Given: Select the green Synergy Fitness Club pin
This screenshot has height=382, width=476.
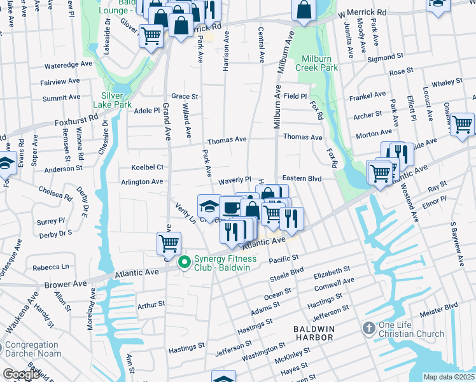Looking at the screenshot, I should point(185,262).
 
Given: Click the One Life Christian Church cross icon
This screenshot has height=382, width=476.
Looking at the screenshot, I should point(368,329).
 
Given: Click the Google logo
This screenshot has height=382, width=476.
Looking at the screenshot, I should point(21,374).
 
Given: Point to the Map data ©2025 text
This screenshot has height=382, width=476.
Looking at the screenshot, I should point(449,377).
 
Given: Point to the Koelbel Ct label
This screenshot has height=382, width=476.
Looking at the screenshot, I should point(147,167).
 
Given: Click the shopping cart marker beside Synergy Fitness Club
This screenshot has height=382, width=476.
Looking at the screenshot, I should point(169,242).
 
